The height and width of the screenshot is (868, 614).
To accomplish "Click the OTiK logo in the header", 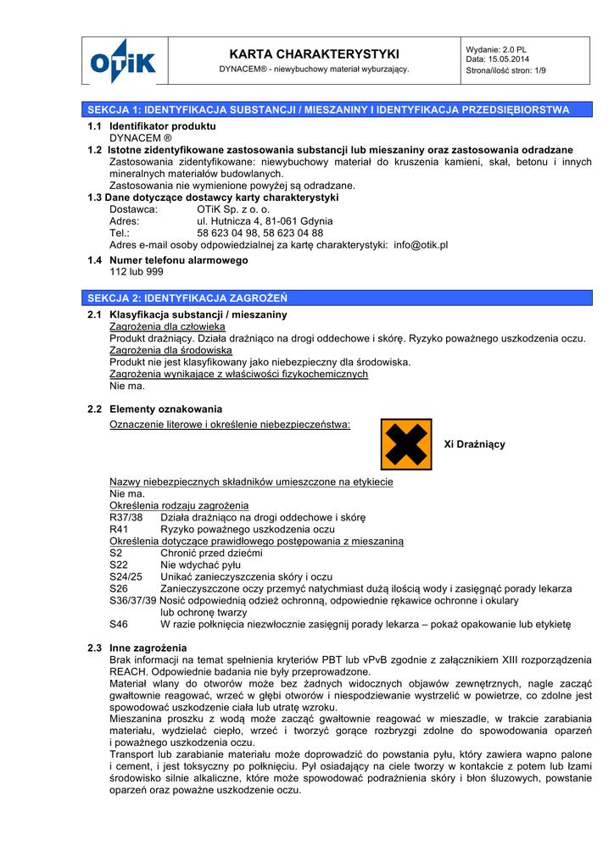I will point(124,61).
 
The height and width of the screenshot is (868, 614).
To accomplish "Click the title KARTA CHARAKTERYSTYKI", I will point(314,54).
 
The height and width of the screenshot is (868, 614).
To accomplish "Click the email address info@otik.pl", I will point(421,245).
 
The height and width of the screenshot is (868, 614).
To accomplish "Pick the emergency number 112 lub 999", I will point(137,272).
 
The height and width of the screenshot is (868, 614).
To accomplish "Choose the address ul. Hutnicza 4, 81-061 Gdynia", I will point(265,221).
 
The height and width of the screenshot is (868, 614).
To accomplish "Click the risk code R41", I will point(121,529).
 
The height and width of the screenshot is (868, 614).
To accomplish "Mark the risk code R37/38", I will point(126,517).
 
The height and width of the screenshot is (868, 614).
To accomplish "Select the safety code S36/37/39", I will point(133,600).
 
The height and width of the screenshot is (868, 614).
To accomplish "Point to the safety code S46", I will point(119,624).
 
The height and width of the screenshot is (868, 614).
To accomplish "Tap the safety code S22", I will point(119,565).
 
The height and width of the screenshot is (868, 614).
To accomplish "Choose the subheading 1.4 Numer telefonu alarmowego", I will point(167,260).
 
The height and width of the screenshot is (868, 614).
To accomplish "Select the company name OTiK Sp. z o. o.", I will point(234,209).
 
